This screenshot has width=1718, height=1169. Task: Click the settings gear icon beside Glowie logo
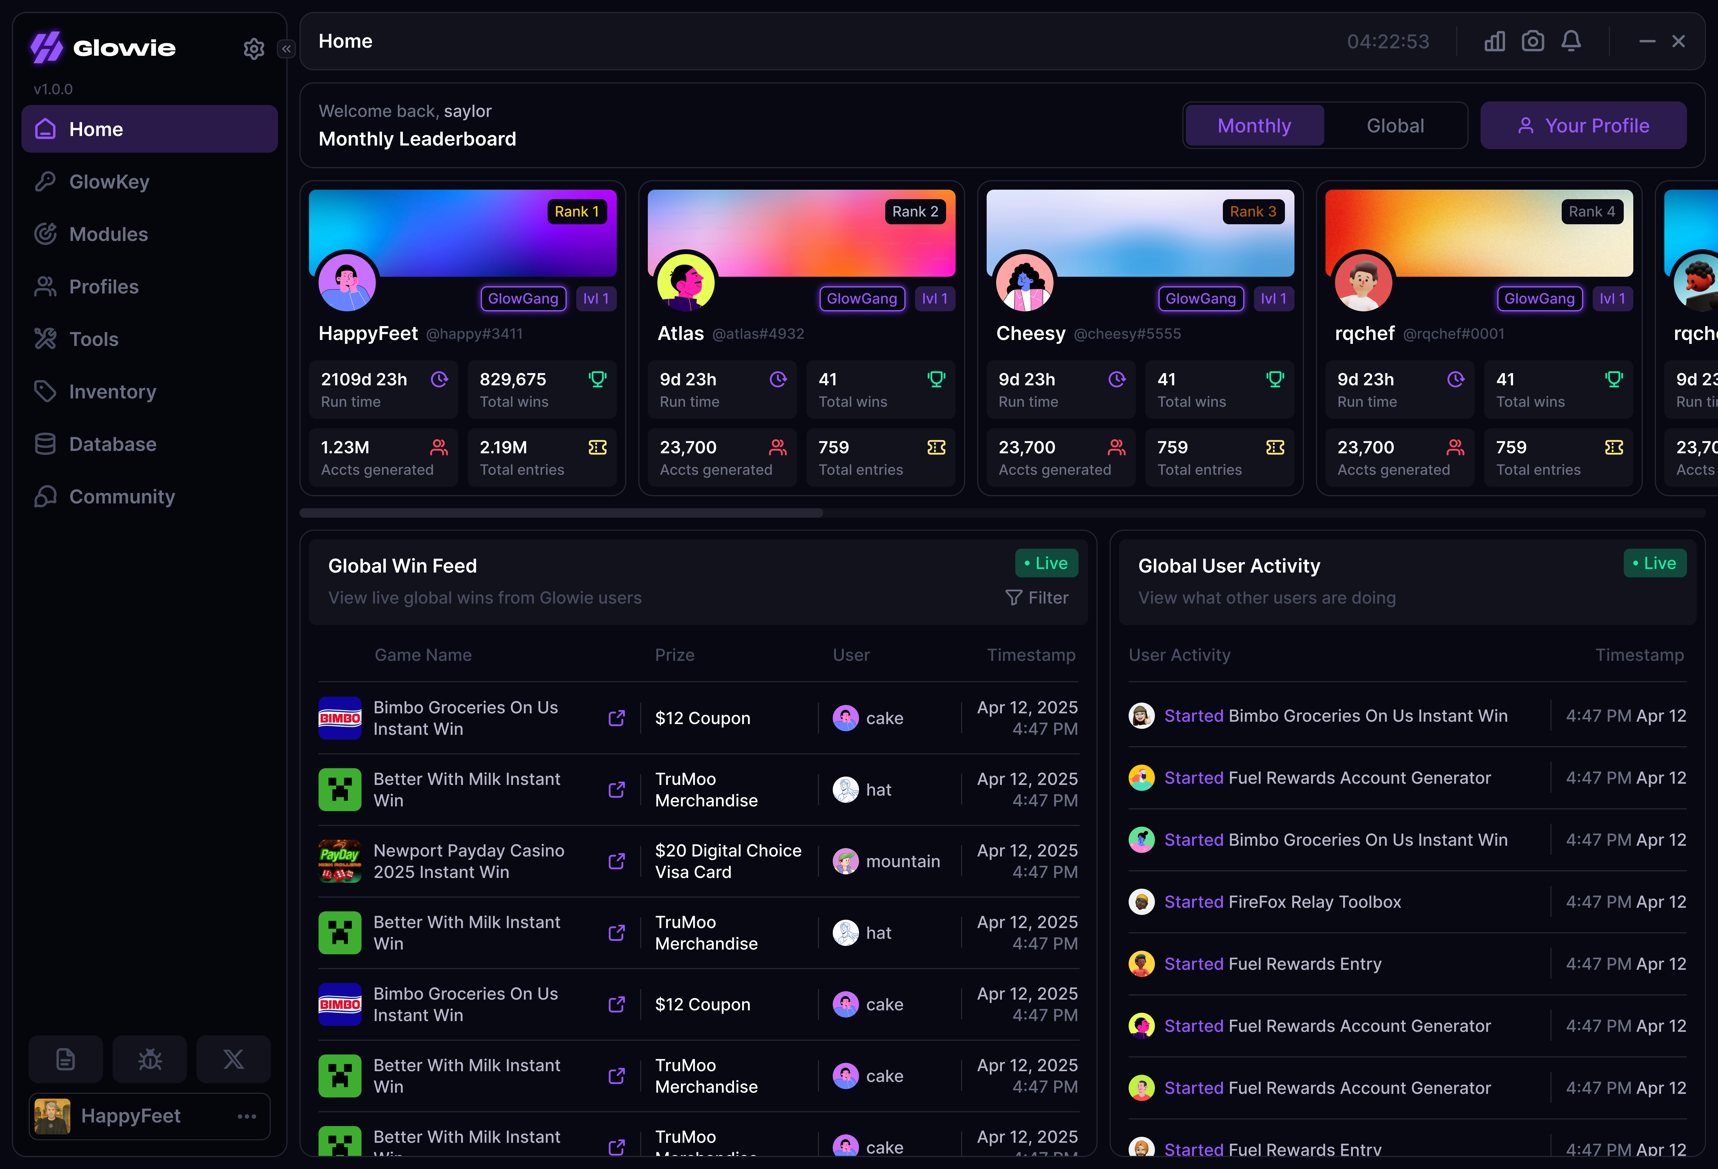coord(254,49)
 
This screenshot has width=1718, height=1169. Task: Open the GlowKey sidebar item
coord(109,182)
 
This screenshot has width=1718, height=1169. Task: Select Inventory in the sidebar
coord(112,392)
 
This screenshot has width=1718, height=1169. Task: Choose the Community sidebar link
coord(122,497)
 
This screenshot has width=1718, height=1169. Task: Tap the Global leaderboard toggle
coord(1395,126)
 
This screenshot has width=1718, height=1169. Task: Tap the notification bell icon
coord(1571,41)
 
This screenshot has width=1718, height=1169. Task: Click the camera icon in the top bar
coord(1532,41)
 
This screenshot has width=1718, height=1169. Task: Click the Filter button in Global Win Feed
coord(1037,598)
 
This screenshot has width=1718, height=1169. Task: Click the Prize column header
coord(674,655)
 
